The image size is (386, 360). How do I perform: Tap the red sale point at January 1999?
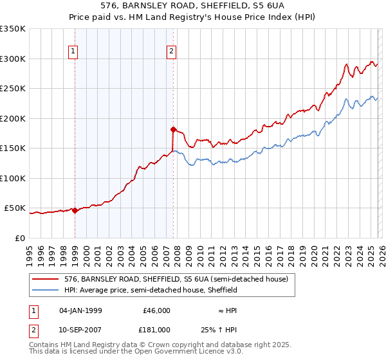point(75,210)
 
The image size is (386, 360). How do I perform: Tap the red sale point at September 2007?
point(173,129)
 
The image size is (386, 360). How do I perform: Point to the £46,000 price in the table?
point(155,310)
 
